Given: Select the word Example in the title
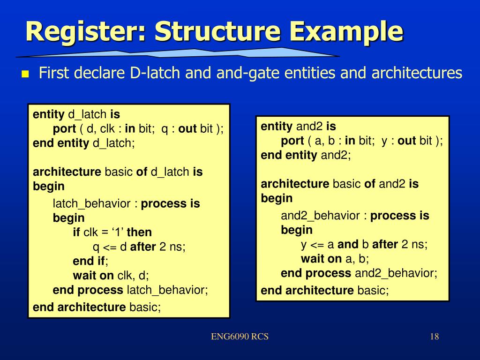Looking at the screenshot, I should click(347, 31).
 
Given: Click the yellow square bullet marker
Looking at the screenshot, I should click(25, 74).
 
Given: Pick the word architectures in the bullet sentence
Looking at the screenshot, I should click(417, 73).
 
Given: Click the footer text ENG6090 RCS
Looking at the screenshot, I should click(240, 337).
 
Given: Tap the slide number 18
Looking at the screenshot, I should click(434, 337).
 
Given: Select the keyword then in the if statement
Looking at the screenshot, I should click(139, 232).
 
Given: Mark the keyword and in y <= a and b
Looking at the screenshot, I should click(347, 244).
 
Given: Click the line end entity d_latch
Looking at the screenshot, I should click(84, 143).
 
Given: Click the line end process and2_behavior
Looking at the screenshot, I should click(359, 273).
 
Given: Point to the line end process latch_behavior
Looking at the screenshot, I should click(130, 290).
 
